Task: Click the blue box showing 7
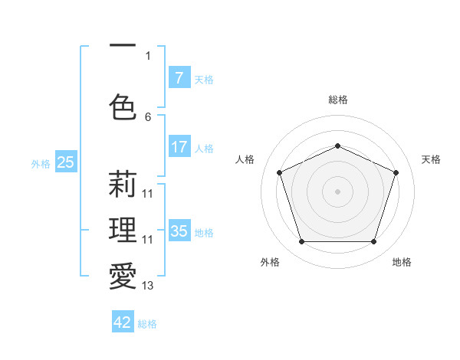(179, 77)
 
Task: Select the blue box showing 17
(179, 147)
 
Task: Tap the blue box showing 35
(179, 231)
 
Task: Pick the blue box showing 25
(66, 162)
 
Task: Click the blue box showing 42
(123, 322)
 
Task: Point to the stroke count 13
(148, 286)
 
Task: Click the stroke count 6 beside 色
(148, 117)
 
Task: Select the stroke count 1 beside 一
(148, 55)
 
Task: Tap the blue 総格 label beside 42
(147, 324)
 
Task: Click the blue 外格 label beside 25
(41, 163)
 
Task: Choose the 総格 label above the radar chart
(337, 100)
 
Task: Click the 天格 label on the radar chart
(431, 159)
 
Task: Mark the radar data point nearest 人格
(280, 172)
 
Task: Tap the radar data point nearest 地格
(373, 242)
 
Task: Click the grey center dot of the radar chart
(337, 191)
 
